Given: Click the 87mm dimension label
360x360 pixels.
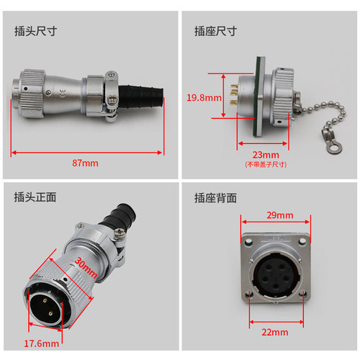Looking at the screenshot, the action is pos(85,163).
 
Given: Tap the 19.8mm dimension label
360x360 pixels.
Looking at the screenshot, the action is pos(204,98).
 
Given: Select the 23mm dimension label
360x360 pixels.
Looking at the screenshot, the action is pos(266,155).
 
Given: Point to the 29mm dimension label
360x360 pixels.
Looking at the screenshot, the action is pos(280,215).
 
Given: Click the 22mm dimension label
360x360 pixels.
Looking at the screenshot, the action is pos(275,333).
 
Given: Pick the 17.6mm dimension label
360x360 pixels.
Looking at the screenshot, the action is pos(42,343).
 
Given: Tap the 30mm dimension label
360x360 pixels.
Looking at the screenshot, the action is pos(86,268).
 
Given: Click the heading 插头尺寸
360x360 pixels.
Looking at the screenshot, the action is pos(35,31).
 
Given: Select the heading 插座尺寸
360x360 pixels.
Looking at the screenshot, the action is pos(215,31).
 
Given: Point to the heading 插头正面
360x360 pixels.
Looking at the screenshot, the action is pos(35,197).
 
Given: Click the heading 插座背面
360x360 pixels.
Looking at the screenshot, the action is pos(215,198).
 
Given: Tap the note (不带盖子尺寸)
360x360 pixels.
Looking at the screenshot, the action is pos(266,165).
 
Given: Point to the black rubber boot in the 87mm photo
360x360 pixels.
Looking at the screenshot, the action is pos(141,96).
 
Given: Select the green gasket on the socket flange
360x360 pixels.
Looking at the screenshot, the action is pos(259,96).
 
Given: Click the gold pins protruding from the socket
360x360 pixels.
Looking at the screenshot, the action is pos(234,95).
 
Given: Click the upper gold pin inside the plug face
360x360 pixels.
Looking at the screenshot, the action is pos(45,300).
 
